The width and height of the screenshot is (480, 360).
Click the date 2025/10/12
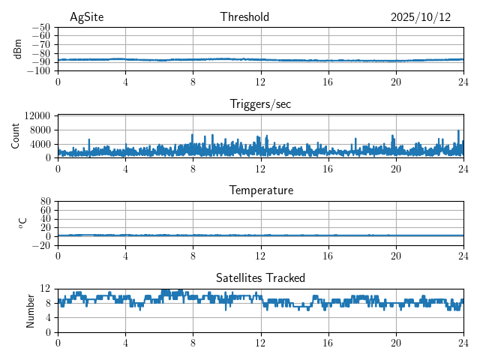[x=421, y=17]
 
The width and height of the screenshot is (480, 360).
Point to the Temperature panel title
[x=261, y=190]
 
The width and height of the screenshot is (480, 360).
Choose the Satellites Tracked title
[x=260, y=277]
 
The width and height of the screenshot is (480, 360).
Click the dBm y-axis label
[x=18, y=49]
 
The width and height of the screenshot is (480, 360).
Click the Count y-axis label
[x=16, y=136]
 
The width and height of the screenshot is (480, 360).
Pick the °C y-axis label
[x=23, y=223]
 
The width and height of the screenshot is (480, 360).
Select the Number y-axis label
[x=31, y=310]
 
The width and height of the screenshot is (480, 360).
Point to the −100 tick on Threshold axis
[x=40, y=71]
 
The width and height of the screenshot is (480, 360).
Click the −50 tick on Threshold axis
[x=42, y=28]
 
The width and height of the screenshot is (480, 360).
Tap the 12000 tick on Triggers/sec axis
[x=37, y=115]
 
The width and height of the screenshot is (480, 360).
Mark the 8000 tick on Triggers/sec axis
[x=40, y=130]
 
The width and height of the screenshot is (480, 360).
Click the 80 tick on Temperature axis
[x=46, y=202]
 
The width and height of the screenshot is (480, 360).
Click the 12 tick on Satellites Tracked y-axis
[x=46, y=289]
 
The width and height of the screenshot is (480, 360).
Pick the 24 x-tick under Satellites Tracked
[x=463, y=342]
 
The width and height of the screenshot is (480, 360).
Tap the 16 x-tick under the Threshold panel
[x=328, y=81]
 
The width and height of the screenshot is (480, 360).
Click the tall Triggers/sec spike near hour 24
[x=458, y=132]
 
